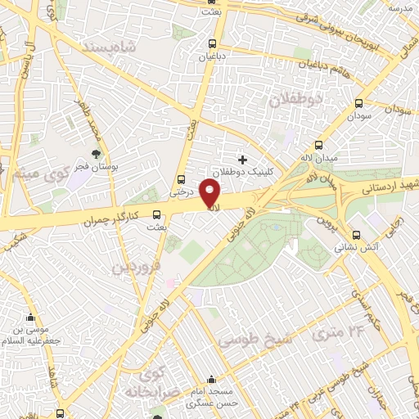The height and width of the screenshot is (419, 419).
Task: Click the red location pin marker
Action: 210,195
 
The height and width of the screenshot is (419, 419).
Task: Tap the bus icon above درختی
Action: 182,180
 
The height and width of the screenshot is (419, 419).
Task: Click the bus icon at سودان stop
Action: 358,104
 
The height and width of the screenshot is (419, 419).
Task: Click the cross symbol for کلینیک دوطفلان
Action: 241,159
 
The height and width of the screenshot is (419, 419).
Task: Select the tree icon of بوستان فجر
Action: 97,153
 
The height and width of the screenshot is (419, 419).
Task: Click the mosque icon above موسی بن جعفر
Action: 32,318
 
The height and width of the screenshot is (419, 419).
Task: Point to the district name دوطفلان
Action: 295,99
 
